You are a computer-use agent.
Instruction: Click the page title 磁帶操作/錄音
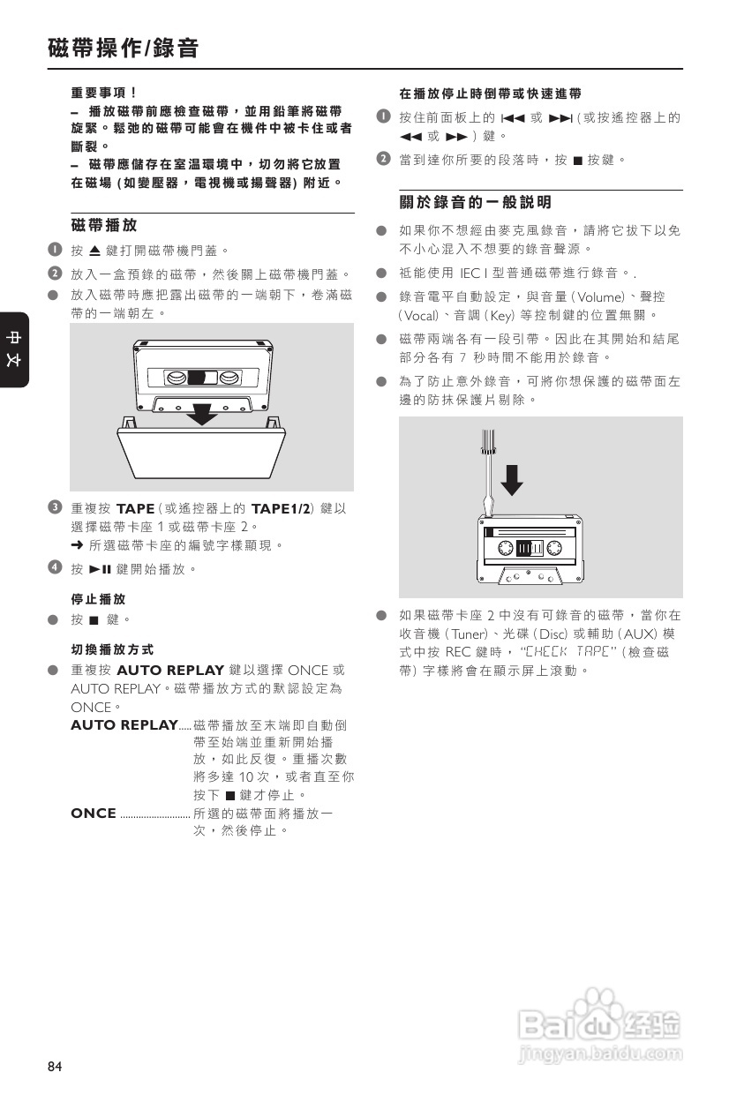[x=123, y=49]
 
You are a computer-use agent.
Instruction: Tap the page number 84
[x=55, y=1067]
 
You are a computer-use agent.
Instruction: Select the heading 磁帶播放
[x=103, y=227]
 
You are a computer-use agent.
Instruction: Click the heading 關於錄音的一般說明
[x=476, y=203]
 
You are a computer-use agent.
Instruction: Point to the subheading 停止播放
[x=98, y=599]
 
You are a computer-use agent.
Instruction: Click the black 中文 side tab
[x=14, y=349]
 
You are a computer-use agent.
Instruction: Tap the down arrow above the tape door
[x=204, y=413]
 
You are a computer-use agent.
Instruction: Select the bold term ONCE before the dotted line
[x=94, y=814]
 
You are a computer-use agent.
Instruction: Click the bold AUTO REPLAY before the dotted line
[x=124, y=725]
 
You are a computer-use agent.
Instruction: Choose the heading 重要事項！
[x=103, y=92]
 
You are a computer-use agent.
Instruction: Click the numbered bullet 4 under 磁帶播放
[x=55, y=568]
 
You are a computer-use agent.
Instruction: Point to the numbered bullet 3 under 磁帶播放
[x=55, y=507]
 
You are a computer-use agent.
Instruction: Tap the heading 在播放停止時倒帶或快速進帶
[x=490, y=93]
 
